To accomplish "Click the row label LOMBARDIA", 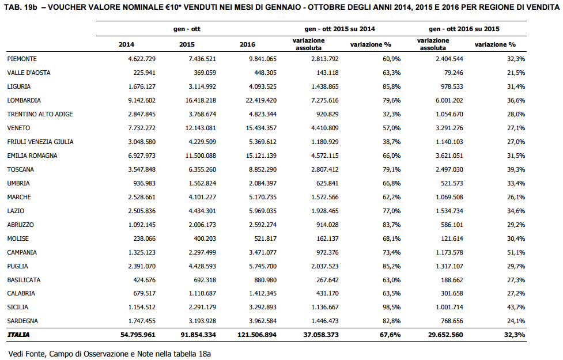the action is click(24, 100).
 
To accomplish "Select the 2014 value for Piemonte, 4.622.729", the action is click(142, 59).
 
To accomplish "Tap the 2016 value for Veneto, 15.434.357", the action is click(261, 128).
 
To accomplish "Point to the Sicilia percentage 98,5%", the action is click(392, 307).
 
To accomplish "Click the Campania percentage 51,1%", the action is click(516, 252).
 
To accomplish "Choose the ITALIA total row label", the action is click(18, 335).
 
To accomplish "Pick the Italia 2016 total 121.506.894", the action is click(257, 335).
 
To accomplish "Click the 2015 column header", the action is click(187, 44).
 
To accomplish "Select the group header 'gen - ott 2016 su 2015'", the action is click(464, 29).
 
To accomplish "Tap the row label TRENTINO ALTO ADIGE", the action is click(40, 114).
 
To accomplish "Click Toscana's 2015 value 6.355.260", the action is click(202, 169).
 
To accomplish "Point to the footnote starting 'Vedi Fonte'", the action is click(109, 354).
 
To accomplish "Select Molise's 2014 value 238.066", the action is click(144, 238).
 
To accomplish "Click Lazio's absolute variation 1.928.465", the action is click(325, 211).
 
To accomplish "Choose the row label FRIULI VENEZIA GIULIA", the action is click(40, 142).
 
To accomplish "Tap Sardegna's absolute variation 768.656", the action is click(452, 321).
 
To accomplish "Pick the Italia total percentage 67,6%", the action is click(390, 335).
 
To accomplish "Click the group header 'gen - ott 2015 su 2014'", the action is click(339, 29).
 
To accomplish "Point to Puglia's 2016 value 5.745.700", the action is click(263, 266).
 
